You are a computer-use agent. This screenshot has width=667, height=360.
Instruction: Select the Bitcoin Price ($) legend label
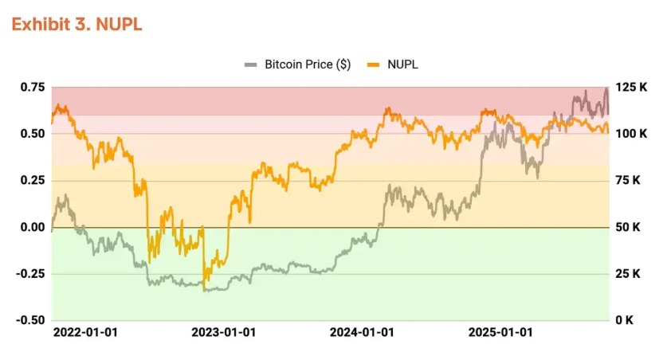pyautogui.click(x=308, y=65)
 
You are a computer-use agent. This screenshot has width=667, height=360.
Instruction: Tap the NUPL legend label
pyautogui.click(x=402, y=65)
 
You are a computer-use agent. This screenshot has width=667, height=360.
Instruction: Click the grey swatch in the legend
pyautogui.click(x=252, y=65)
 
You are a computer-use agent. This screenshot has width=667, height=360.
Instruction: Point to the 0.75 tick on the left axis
pyautogui.click(x=33, y=87)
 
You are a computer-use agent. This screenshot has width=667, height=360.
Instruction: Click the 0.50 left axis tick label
pyautogui.click(x=33, y=133)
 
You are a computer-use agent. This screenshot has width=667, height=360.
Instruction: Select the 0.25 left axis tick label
pyautogui.click(x=33, y=180)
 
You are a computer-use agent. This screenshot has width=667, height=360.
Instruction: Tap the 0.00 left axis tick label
pyautogui.click(x=33, y=227)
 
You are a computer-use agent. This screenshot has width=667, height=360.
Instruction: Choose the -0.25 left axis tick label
pyautogui.click(x=30, y=274)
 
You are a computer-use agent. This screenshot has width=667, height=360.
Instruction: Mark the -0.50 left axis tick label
pyautogui.click(x=30, y=320)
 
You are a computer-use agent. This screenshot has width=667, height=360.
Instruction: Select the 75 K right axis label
pyautogui.click(x=626, y=180)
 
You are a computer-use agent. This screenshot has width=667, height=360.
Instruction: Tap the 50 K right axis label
pyautogui.click(x=626, y=227)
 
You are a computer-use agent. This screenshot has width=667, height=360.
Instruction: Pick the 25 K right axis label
pyautogui.click(x=626, y=274)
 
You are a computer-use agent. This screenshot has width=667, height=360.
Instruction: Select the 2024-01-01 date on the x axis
pyautogui.click(x=363, y=332)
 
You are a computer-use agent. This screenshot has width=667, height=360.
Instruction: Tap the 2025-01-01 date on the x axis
pyautogui.click(x=501, y=332)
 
